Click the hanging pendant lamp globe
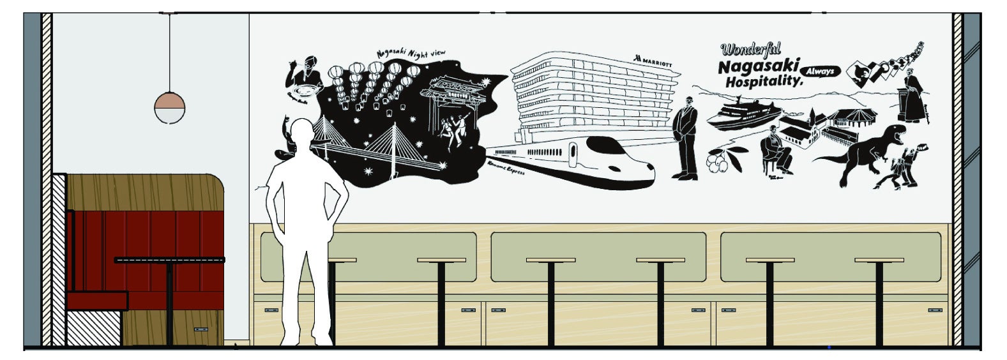(169, 107)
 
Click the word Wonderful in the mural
(751, 50)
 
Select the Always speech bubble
(820, 71)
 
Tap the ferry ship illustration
(741, 115)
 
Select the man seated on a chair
(777, 151)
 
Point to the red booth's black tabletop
(169, 260)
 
